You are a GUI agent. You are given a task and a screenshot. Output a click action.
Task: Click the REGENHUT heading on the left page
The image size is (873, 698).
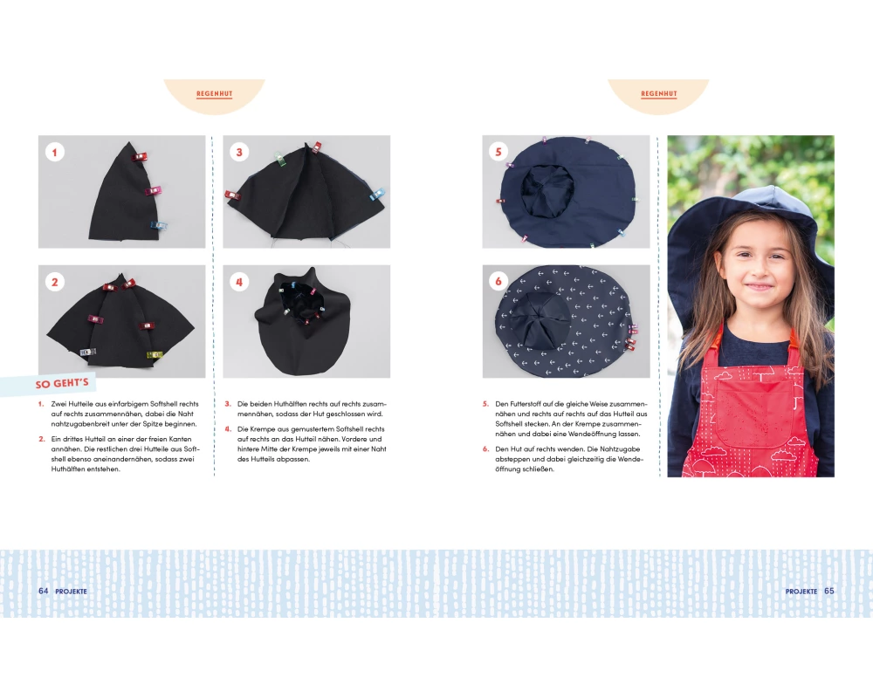click(215, 93)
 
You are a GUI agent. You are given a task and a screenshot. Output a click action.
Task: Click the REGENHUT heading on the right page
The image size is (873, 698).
click(658, 93)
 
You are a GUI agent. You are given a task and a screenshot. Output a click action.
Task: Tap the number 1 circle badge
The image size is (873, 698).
click(54, 152)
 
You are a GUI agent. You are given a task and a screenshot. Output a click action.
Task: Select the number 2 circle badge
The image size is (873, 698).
click(54, 282)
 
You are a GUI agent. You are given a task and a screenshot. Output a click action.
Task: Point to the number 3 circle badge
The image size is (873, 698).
click(239, 152)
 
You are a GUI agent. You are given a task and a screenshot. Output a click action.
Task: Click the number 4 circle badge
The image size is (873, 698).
click(239, 282)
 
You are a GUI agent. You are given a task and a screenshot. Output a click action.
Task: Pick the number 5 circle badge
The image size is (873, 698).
click(498, 152)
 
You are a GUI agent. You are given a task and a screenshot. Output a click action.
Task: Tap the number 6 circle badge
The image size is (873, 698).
click(498, 281)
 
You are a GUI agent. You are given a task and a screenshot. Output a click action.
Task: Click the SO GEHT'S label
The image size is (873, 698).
click(62, 384)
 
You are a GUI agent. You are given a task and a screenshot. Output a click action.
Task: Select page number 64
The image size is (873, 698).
click(44, 591)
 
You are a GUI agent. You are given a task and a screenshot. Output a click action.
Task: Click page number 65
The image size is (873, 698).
click(829, 591)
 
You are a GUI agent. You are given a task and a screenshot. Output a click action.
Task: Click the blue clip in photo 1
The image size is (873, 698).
click(159, 225)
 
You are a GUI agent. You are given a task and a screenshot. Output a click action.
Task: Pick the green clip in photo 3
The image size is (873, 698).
click(279, 159)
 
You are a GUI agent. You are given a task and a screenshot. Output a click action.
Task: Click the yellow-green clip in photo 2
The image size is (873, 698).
click(155, 354)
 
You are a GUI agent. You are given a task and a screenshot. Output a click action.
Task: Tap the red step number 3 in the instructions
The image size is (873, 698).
click(228, 404)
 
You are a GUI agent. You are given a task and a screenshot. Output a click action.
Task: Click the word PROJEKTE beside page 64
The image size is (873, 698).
click(71, 592)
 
